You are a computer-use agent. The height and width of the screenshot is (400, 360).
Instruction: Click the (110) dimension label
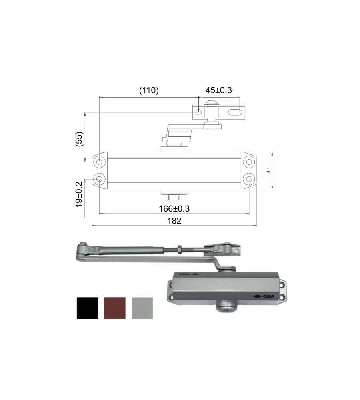pyautogui.click(x=149, y=90)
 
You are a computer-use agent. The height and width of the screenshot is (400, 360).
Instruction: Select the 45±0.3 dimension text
pyautogui.click(x=219, y=90)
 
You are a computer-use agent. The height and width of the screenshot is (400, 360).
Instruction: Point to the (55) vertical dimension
pyautogui.click(x=80, y=139)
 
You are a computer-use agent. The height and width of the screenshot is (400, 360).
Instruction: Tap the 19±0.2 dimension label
pyautogui.click(x=79, y=194)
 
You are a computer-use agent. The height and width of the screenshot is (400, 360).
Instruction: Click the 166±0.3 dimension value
pyautogui.click(x=174, y=209)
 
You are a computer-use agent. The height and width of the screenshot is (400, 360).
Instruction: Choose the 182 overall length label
pyautogui.click(x=174, y=221)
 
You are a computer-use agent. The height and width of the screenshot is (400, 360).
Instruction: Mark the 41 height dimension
pyautogui.click(x=268, y=170)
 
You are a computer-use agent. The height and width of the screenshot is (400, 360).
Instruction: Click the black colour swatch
pyautogui.click(x=88, y=308)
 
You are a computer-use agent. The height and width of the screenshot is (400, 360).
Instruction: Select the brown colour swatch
pyautogui.click(x=115, y=308)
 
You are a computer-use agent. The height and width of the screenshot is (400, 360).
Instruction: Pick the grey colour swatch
pyautogui.click(x=142, y=308)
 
